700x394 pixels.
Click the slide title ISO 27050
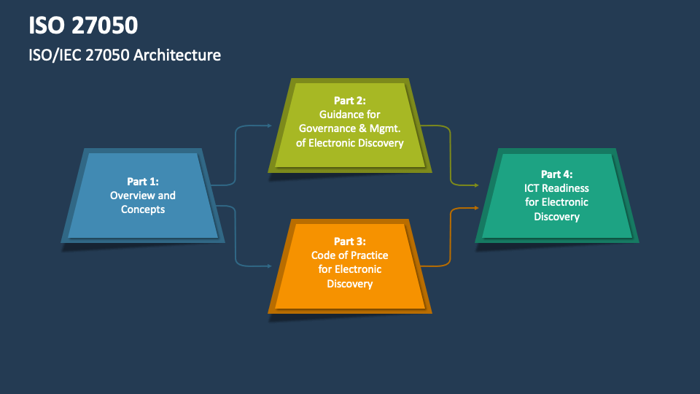pyautogui.click(x=83, y=26)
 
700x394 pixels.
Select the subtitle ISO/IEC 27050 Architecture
pyautogui.click(x=125, y=55)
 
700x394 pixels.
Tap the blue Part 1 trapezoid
pyautogui.click(x=142, y=196)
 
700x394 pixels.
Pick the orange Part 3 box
pyautogui.click(x=349, y=264)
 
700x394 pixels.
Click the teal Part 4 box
pyautogui.click(x=556, y=196)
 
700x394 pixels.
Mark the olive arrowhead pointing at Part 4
pyautogui.click(x=477, y=184)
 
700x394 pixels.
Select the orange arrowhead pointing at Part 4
pyautogui.click(x=477, y=208)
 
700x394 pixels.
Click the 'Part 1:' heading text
pyautogui.click(x=142, y=182)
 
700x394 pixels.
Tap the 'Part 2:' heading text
pyautogui.click(x=349, y=100)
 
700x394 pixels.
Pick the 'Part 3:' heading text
pyautogui.click(x=349, y=241)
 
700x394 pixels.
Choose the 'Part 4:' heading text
pyautogui.click(x=556, y=174)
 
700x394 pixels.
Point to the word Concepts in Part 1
pyautogui.click(x=142, y=209)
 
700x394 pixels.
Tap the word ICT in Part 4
pyautogui.click(x=534, y=188)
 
